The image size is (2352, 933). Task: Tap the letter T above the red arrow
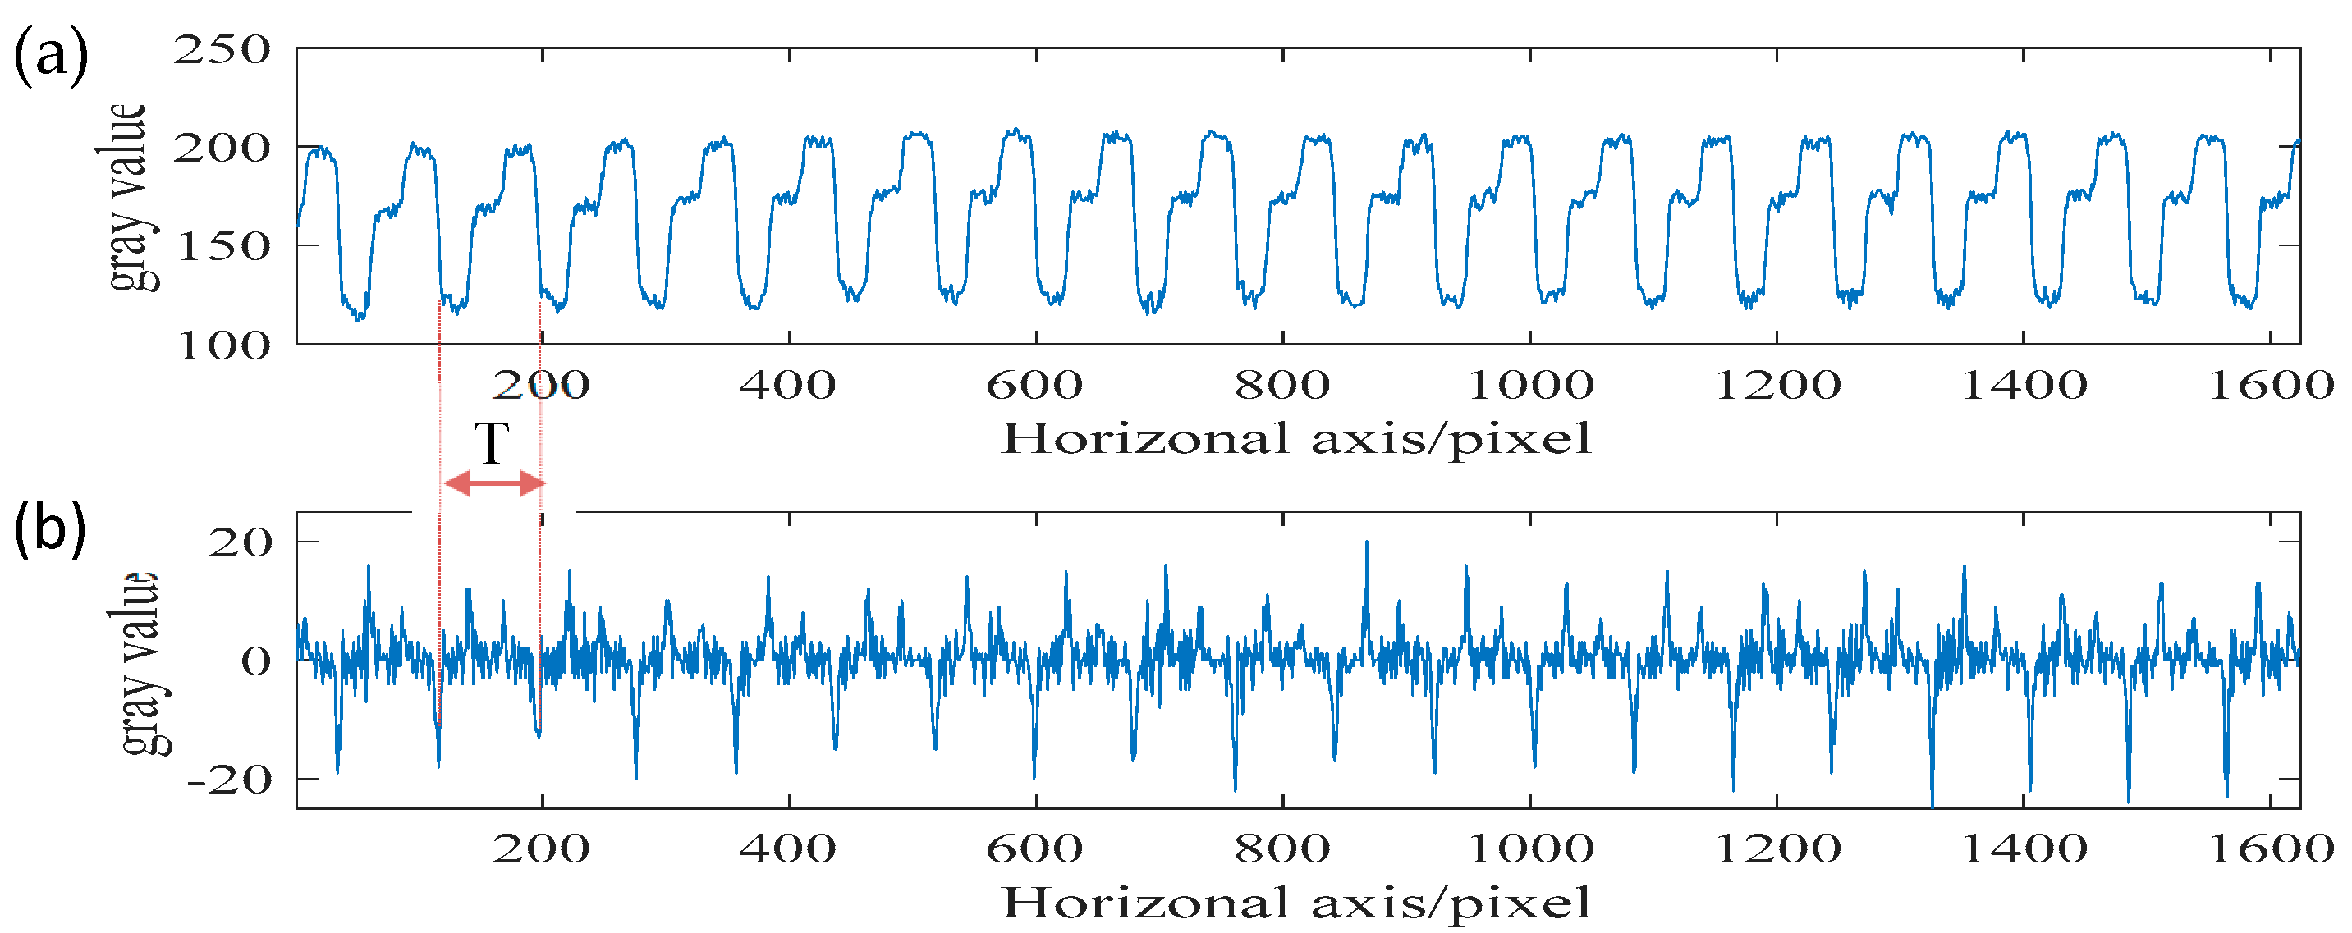click(492, 445)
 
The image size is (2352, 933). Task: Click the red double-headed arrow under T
click(494, 483)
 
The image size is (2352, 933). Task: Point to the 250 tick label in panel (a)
click(222, 50)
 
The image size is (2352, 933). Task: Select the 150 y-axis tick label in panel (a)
click(222, 246)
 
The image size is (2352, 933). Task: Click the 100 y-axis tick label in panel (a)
click(222, 346)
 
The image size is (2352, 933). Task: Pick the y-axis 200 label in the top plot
click(222, 148)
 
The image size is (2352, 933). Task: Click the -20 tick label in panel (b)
click(229, 780)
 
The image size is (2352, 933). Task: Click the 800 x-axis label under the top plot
click(1283, 385)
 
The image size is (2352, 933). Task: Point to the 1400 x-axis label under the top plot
click(2024, 385)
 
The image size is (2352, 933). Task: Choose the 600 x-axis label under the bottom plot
click(1034, 849)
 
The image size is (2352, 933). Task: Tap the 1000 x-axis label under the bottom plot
click(1529, 849)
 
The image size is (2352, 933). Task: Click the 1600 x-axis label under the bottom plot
click(2270, 849)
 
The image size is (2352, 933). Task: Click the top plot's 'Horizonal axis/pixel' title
click(1295, 439)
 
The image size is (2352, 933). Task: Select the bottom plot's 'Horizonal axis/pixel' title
click(1295, 903)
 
